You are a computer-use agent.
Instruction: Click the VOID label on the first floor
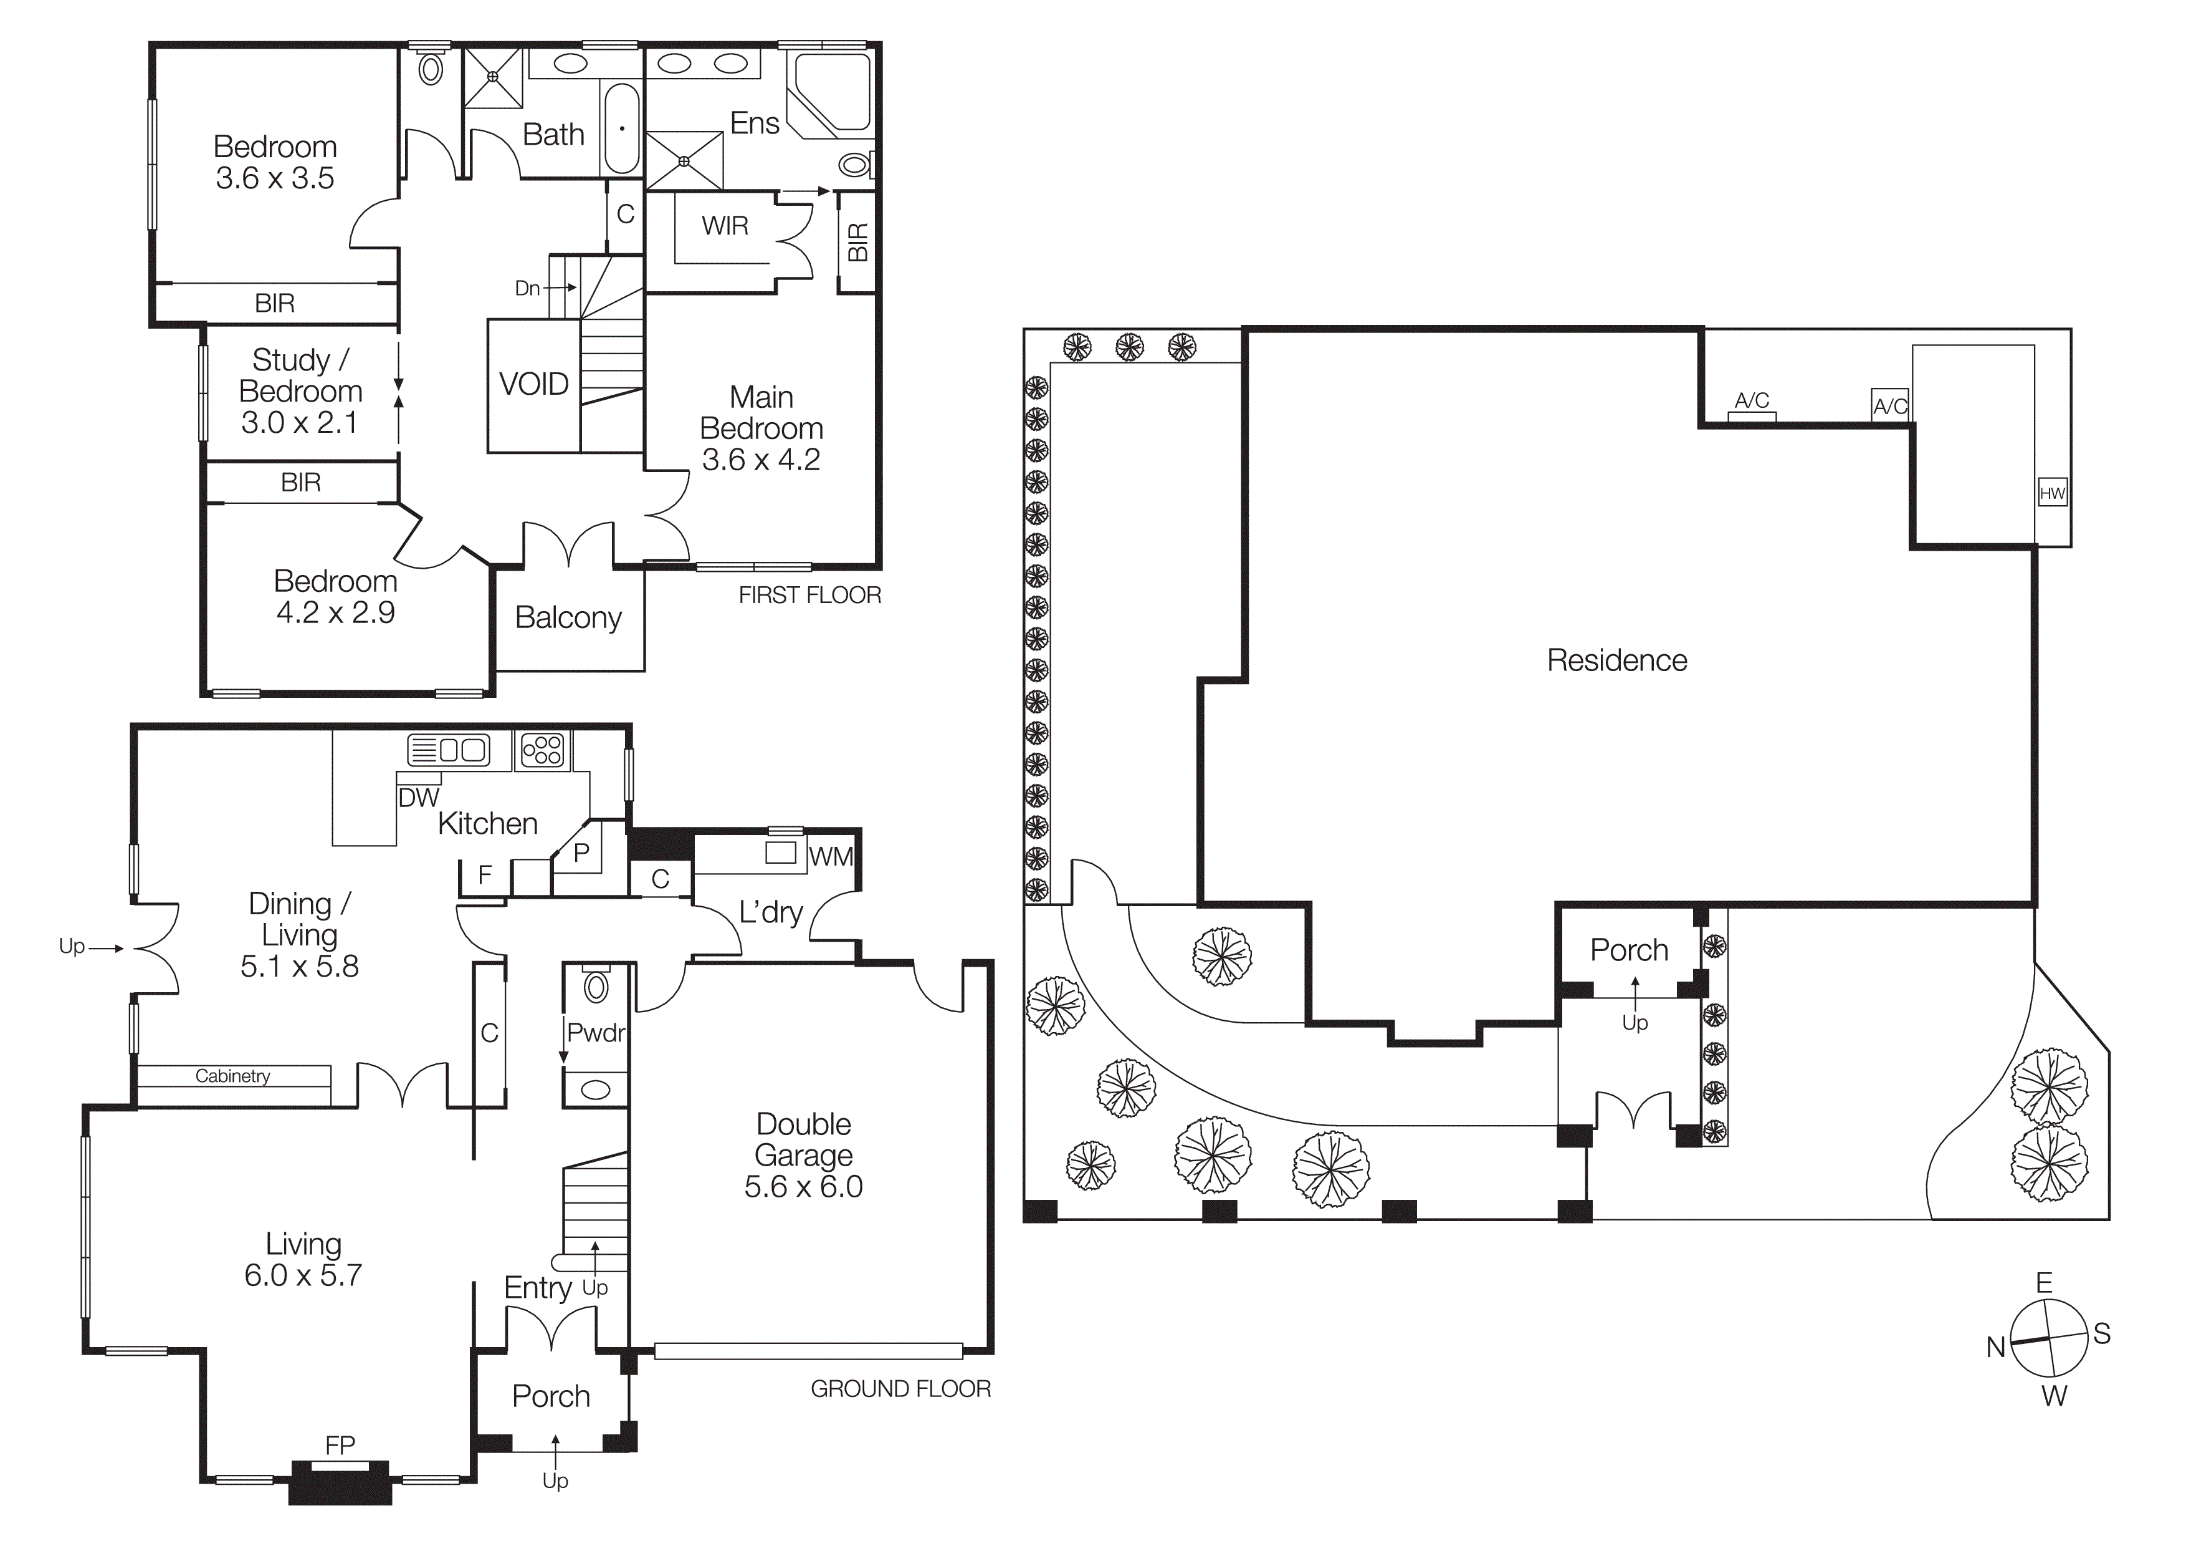click(x=533, y=384)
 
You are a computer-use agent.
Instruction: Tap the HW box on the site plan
click(x=2052, y=493)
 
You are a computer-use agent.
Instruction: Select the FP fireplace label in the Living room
click(x=340, y=1445)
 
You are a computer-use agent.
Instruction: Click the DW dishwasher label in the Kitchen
click(x=418, y=798)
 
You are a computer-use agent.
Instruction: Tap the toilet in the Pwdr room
click(x=596, y=987)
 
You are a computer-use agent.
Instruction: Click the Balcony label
click(x=568, y=617)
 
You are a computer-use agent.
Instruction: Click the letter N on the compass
click(x=1995, y=1347)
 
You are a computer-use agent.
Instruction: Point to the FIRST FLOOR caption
click(x=809, y=596)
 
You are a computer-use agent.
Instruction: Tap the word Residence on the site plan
click(x=1616, y=660)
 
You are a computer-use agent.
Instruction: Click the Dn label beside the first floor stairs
click(x=527, y=287)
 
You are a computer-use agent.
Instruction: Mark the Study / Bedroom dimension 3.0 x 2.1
click(x=299, y=422)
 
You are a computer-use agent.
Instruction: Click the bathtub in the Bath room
click(x=622, y=128)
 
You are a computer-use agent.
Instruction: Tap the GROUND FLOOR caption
click(x=900, y=1389)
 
